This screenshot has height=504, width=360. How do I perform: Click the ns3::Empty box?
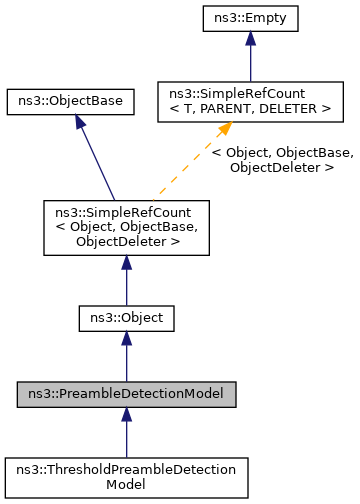(249, 17)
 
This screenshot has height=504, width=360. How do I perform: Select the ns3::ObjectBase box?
(70, 101)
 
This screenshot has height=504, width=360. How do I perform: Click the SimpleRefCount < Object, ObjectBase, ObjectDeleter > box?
(126, 226)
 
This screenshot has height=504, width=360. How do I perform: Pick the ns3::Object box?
(126, 318)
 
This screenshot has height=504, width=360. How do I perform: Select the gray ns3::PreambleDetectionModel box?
(126, 393)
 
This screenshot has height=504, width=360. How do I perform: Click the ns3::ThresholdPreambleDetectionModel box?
(126, 476)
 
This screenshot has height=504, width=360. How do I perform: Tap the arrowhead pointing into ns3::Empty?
(249, 38)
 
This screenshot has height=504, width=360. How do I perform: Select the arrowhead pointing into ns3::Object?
(126, 340)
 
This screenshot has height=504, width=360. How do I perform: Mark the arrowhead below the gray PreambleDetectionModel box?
(126, 415)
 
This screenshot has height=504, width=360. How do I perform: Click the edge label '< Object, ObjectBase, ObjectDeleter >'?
(283, 160)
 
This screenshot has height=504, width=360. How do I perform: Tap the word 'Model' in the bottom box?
(126, 484)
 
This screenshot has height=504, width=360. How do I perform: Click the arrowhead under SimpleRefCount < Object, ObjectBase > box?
(126, 263)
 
